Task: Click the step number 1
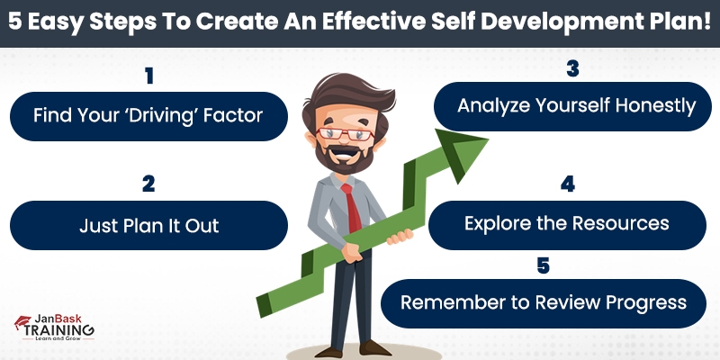tap(148, 76)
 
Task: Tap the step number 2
tap(148, 184)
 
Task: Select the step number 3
tap(571, 69)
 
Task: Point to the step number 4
tap(567, 184)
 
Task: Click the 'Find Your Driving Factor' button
tap(148, 115)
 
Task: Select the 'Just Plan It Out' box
tap(148, 225)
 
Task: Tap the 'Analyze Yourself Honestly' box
tap(576, 106)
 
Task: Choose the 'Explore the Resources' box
tap(567, 223)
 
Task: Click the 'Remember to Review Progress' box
tap(544, 302)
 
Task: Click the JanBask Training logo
tap(54, 328)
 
